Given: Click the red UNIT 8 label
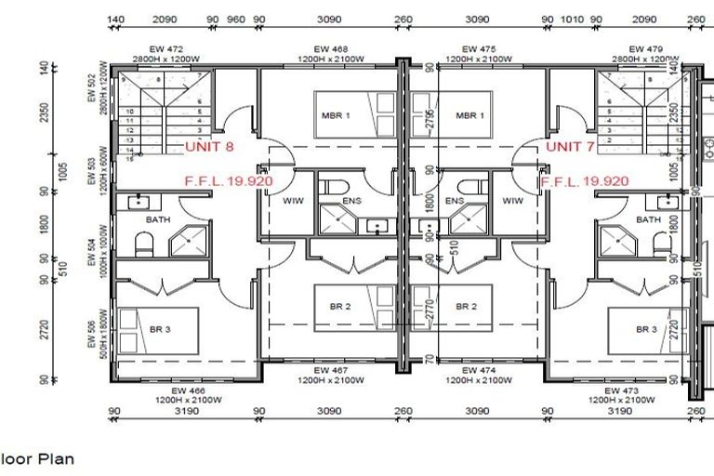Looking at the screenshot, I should pos(209,147).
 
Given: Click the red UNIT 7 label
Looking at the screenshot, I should pos(570,147).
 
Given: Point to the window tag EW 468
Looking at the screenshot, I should pos(329,49).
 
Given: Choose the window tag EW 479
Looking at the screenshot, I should pos(644,49).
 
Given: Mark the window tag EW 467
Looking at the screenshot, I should pos(329,371).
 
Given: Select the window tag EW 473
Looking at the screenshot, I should pos(621,391).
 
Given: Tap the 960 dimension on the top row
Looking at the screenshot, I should pos(236,19).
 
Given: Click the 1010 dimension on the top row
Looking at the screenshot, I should pos(573,19).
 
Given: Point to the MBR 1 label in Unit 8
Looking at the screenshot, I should pos(335,115).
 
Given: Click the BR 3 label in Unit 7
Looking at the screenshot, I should pos(647,329).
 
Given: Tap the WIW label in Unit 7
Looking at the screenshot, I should pos(512,200).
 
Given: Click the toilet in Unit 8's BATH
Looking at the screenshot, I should pos(144,245).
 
